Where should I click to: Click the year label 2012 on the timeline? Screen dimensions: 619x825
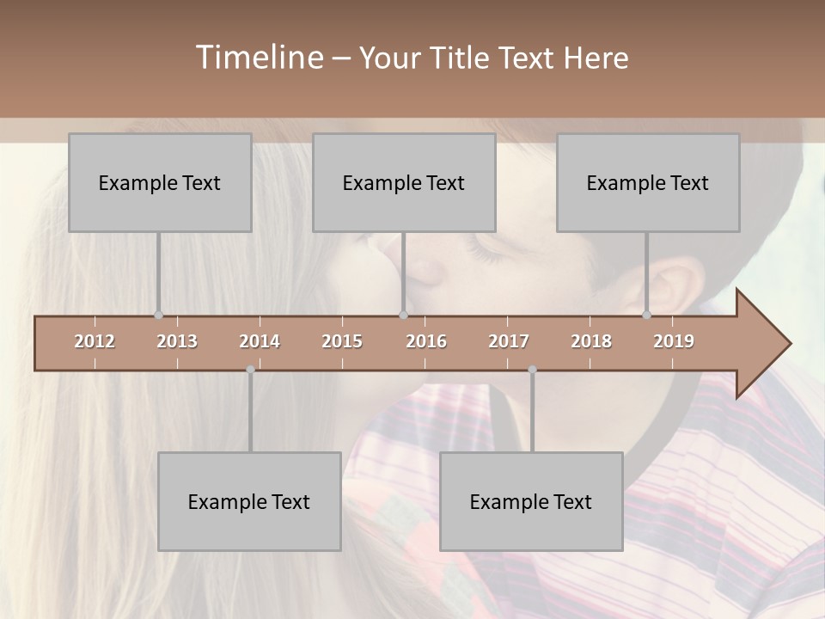tap(95, 341)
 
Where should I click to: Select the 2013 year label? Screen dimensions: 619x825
tap(177, 341)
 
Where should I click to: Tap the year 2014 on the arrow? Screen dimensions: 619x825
tap(260, 341)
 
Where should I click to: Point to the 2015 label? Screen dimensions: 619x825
tap(342, 341)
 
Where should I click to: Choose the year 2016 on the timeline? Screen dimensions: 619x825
tap(426, 341)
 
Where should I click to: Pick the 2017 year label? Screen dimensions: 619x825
tap(509, 341)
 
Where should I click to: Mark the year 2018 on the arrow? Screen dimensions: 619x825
tap(591, 341)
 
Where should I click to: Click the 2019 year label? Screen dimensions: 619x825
tap(674, 341)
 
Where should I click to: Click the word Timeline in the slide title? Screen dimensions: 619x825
tap(258, 58)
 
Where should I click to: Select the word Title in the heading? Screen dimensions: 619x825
tap(460, 58)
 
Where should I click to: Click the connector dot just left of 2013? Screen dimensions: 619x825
tap(158, 315)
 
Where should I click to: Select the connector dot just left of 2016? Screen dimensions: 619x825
tap(403, 315)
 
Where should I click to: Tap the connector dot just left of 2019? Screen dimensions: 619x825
tap(647, 315)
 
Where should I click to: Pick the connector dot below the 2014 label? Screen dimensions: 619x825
tap(250, 370)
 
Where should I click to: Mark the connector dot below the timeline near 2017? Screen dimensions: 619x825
tap(532, 370)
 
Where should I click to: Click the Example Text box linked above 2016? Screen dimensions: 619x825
tap(404, 182)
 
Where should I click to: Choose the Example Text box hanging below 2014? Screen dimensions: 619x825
tap(249, 501)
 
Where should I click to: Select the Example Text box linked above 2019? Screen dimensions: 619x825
tap(648, 182)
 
